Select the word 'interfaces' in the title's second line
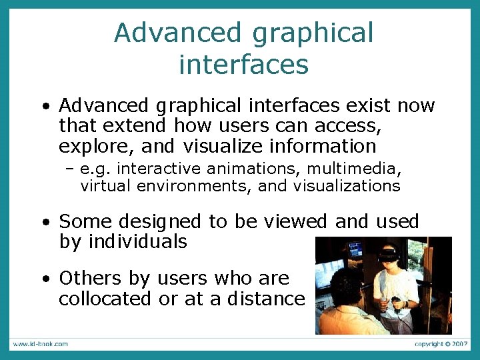[244, 65]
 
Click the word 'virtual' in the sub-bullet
[105, 186]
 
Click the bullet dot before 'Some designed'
[43, 222]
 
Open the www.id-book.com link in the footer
[39, 344]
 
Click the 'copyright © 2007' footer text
[442, 344]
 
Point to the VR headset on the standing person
[390, 254]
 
